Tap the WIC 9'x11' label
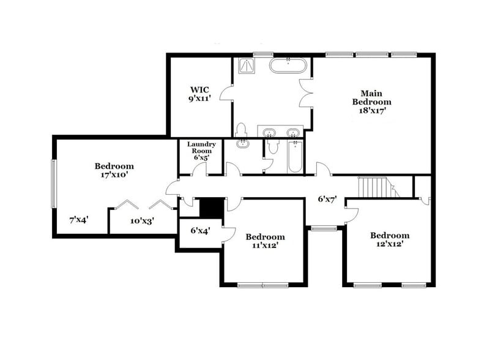[x=199, y=93]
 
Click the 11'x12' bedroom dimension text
[x=265, y=246]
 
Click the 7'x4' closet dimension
[x=79, y=219]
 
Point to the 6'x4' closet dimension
[x=199, y=231]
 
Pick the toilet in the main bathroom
[x=240, y=130]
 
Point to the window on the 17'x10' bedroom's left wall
[x=53, y=184]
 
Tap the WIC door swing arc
[x=226, y=94]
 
